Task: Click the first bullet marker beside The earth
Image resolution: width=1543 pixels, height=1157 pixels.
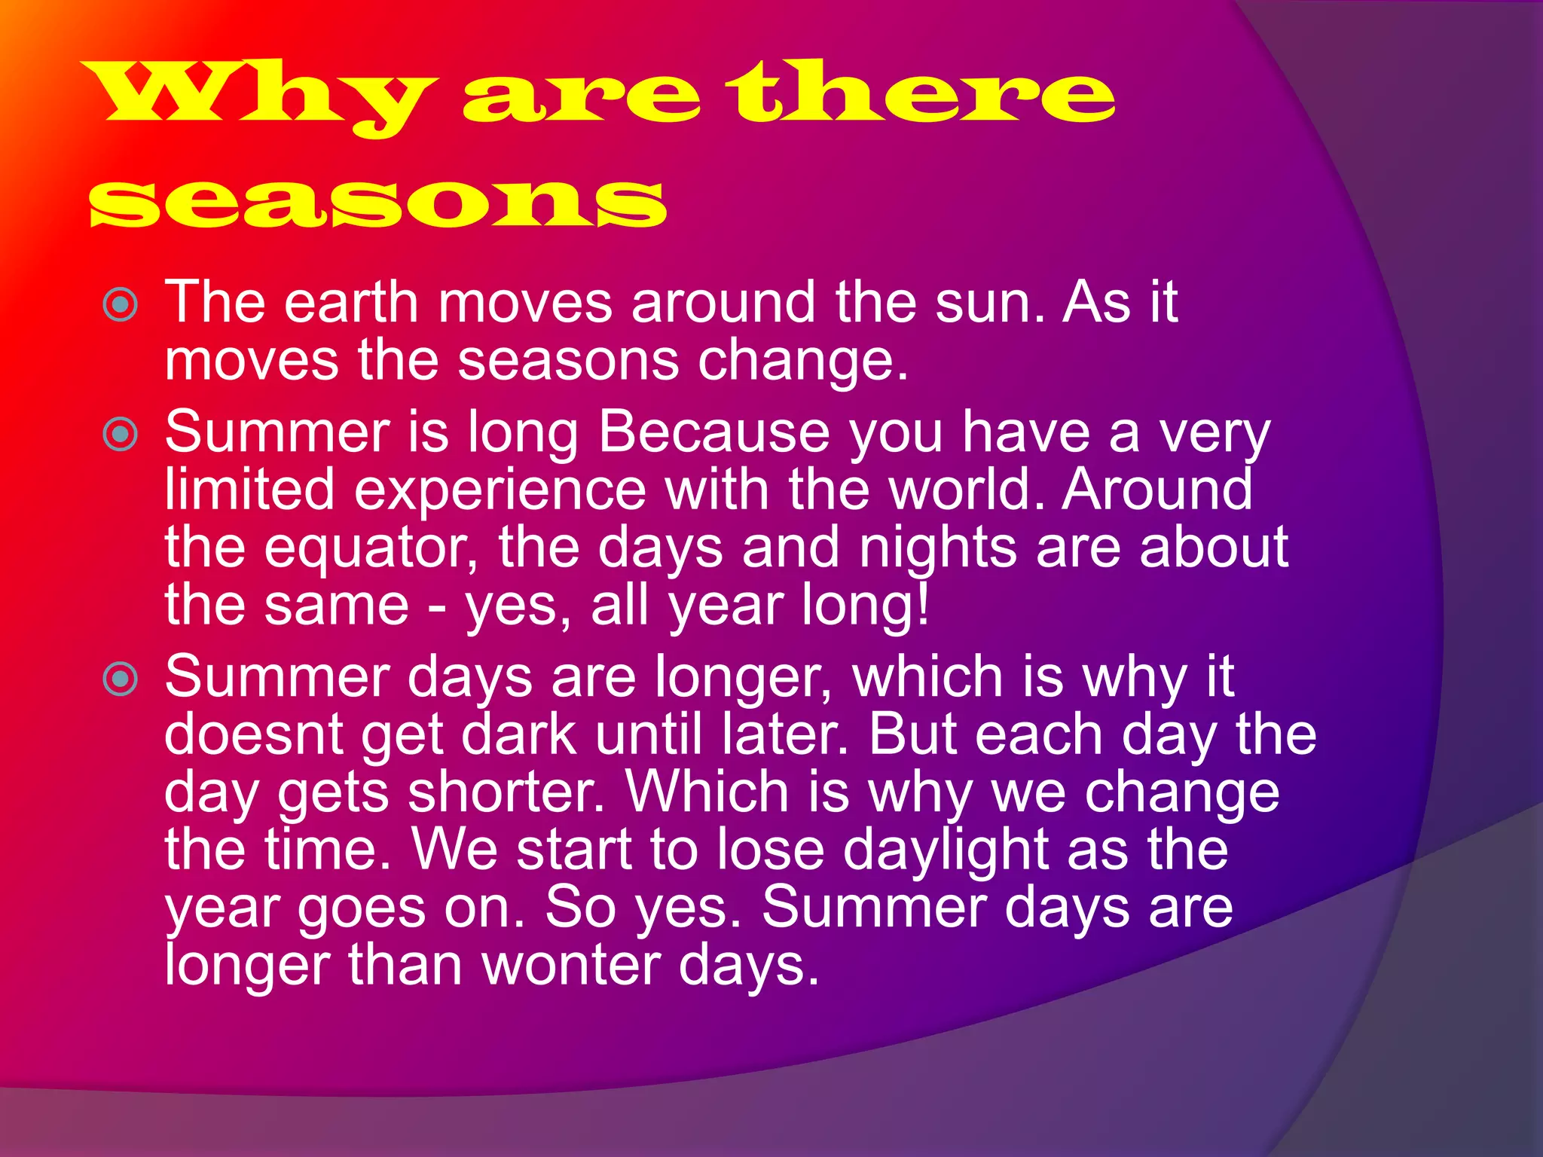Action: click(121, 305)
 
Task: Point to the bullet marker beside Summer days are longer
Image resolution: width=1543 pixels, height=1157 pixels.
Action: click(121, 679)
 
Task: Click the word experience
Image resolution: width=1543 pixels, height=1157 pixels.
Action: click(500, 490)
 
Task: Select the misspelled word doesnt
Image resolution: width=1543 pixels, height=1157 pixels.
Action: click(254, 734)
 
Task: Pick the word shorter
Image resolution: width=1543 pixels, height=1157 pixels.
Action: click(506, 792)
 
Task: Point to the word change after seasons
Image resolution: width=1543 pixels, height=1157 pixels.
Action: click(802, 361)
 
